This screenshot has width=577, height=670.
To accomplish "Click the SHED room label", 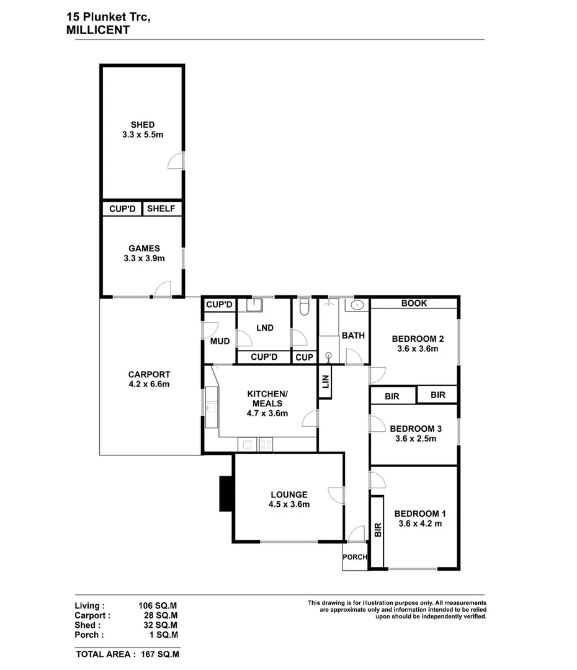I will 142,125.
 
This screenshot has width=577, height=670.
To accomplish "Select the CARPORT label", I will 149,375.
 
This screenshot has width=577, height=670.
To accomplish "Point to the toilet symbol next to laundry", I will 304,308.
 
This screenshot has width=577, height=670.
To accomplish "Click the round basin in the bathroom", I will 358,305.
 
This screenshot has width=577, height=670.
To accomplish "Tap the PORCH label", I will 355,557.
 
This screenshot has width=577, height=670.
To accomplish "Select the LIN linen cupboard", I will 325,383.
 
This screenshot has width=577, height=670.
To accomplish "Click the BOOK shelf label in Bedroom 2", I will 414,303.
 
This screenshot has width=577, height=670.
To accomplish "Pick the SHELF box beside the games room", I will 161,209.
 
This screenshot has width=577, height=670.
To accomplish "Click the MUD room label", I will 220,342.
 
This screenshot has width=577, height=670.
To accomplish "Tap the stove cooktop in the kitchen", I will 266,444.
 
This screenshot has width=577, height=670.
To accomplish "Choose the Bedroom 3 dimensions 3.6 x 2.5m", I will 415,439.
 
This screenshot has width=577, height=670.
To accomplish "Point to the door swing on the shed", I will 177,161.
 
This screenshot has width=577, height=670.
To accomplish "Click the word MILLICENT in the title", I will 97,30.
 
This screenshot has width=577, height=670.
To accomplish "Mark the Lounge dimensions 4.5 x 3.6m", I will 288,504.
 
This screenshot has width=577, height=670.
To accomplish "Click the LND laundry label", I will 265,328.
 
